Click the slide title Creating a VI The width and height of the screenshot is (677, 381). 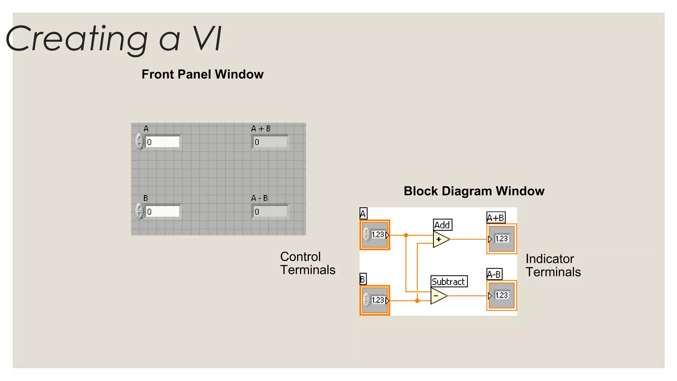coord(114,39)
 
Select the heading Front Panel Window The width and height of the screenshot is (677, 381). coord(202,74)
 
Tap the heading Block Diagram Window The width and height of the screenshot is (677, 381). coord(474,191)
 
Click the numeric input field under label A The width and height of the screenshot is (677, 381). coord(162,142)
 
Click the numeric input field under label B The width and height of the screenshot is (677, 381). coord(162,212)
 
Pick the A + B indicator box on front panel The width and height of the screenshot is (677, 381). coord(270,142)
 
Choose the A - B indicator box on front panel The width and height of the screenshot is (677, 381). coord(270,212)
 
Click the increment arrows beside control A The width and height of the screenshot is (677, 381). coord(139,142)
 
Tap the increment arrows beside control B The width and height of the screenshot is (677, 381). coord(139,211)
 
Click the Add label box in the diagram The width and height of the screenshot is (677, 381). coord(442,225)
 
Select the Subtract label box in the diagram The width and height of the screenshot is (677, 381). coord(449,281)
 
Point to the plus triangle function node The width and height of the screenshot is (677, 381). coord(440,239)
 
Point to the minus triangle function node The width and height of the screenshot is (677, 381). coord(438,296)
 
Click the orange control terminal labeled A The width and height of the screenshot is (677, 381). coord(375,235)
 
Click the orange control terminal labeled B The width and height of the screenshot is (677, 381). coord(375,300)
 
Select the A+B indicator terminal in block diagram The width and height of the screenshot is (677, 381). coord(501,239)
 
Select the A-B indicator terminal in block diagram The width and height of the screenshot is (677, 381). coord(501,295)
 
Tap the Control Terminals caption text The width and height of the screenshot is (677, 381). coord(307,263)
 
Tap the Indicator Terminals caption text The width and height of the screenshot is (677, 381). coord(553,265)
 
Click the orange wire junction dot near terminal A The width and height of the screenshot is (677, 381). coord(406,235)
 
